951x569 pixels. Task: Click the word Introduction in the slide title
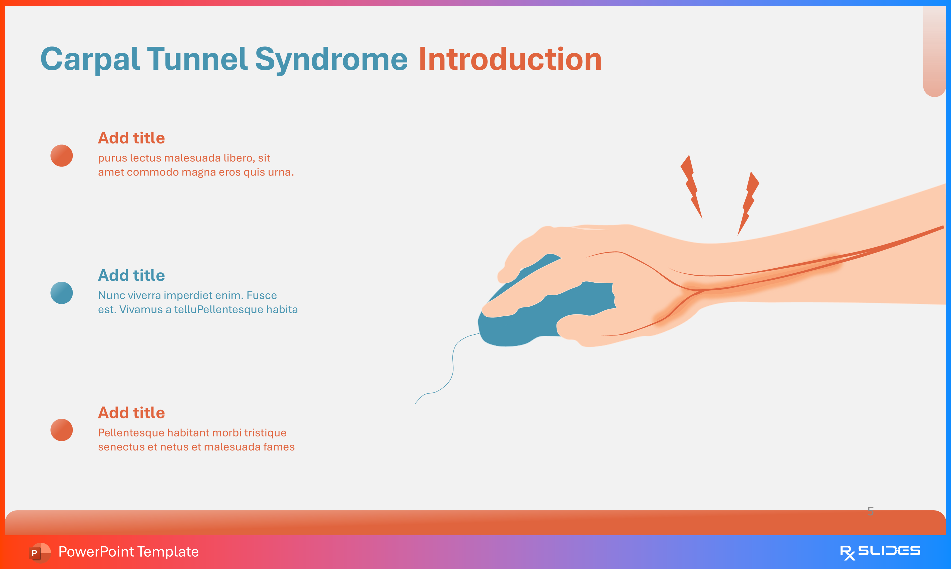(510, 59)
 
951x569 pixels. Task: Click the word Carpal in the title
(89, 59)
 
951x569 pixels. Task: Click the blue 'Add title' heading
(132, 275)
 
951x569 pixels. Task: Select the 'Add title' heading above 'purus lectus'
(132, 138)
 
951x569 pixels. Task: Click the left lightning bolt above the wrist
(691, 186)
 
